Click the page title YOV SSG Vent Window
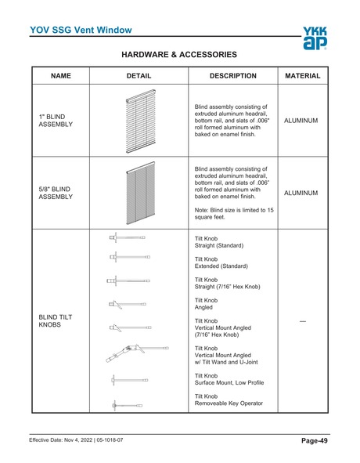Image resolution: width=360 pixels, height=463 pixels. coord(81,31)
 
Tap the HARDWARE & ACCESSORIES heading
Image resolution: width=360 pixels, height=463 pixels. coord(180,55)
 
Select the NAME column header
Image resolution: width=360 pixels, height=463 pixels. coord(61,76)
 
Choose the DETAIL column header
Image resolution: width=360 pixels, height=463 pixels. coord(139,76)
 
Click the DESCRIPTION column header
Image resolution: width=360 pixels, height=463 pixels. coord(233,76)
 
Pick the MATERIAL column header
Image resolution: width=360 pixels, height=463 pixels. coord(303,76)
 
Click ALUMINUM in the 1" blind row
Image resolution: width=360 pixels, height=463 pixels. coord(303,121)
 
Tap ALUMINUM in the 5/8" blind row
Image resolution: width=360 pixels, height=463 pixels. coord(303,192)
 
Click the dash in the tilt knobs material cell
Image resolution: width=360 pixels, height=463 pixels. coord(303,321)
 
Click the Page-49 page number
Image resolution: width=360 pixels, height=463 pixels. coord(314,441)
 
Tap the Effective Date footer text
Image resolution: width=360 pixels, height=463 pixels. coord(76,440)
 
